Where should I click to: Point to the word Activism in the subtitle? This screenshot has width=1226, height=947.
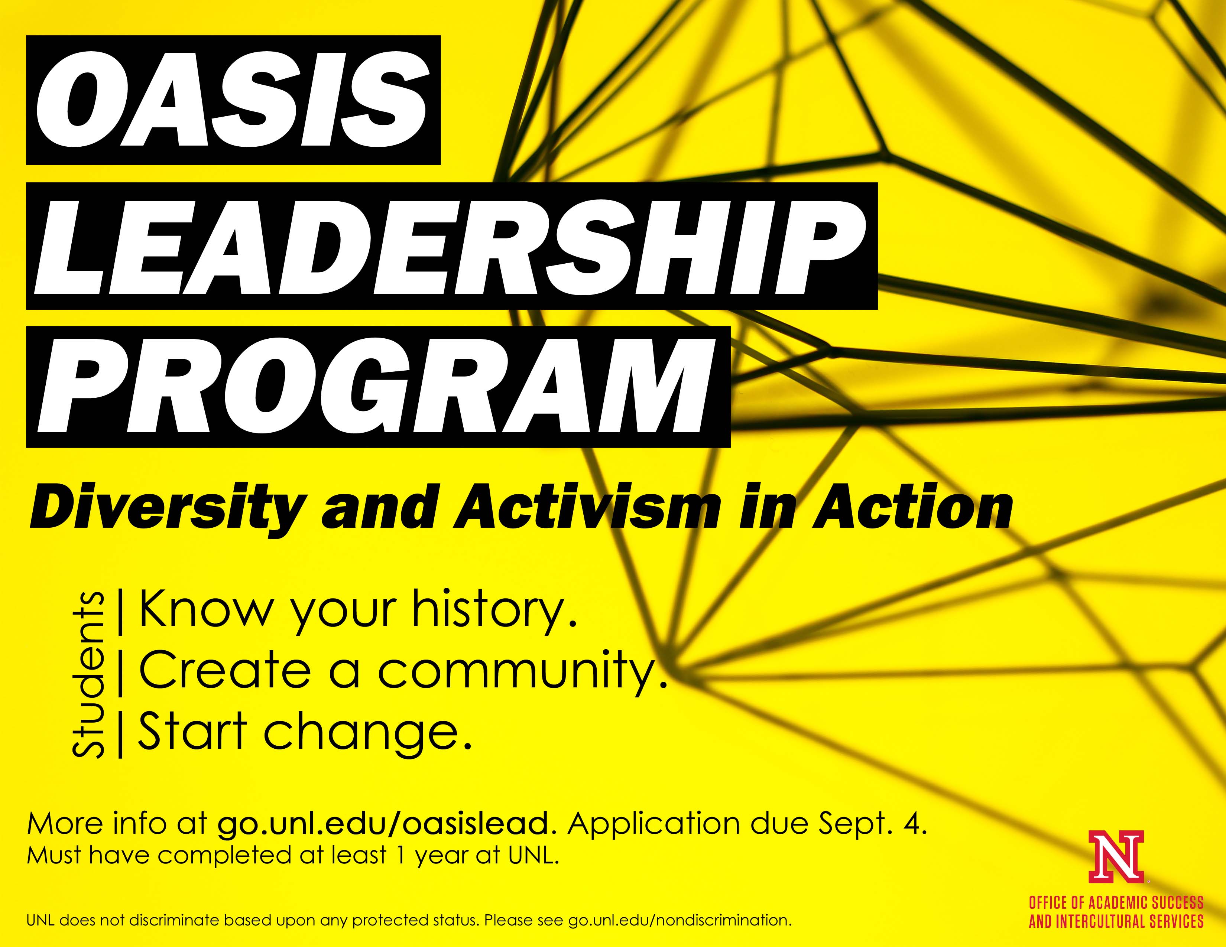[x=587, y=507]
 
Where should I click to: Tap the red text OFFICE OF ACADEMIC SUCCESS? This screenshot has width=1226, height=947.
[x=1116, y=903]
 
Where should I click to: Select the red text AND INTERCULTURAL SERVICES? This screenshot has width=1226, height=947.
[x=1116, y=921]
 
